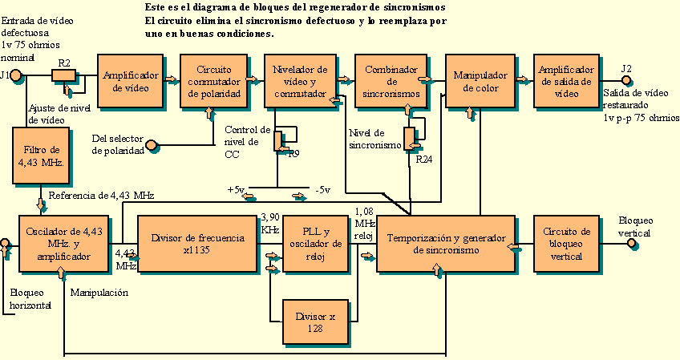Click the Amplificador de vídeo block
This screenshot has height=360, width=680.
click(x=130, y=80)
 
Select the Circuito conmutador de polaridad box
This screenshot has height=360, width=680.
click(x=213, y=80)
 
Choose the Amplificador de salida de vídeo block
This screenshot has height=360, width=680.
click(x=566, y=80)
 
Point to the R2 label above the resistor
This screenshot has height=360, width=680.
click(x=64, y=62)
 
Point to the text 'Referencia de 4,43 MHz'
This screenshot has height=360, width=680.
click(x=101, y=195)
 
